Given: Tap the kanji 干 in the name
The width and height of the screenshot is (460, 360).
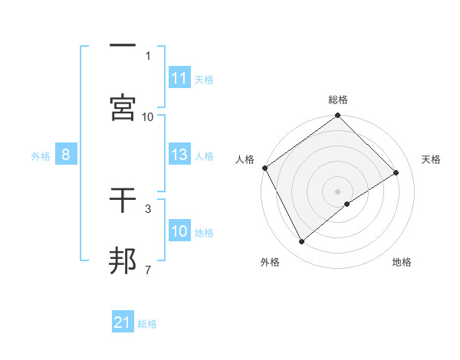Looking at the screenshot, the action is click(123, 201).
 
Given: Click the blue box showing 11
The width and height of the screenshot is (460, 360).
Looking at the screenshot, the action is click(179, 78).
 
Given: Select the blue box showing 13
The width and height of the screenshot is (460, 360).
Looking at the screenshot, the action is click(179, 155).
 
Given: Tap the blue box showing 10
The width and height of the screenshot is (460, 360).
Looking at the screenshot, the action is click(179, 232).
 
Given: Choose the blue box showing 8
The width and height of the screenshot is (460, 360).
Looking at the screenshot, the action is click(66, 155).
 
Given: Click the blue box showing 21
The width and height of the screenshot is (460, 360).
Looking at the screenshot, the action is click(123, 322).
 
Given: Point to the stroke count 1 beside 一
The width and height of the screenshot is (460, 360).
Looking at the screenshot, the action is click(148, 56).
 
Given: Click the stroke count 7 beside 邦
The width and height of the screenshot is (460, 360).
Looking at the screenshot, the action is click(148, 270).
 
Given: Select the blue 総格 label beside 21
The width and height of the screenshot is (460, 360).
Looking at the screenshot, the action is click(147, 324).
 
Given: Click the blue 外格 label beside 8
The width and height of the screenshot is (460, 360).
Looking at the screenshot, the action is click(41, 156).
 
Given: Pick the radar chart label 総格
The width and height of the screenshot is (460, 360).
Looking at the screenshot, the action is click(338, 100).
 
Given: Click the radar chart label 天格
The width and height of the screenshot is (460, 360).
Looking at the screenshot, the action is click(432, 159).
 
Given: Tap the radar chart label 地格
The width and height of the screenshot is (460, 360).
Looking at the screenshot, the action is click(402, 262).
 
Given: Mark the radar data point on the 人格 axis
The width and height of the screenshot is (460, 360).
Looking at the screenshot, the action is click(264, 168).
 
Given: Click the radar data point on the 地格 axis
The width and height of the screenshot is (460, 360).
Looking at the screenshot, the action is click(347, 204).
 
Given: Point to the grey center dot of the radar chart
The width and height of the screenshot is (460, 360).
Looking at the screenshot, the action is click(338, 191).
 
